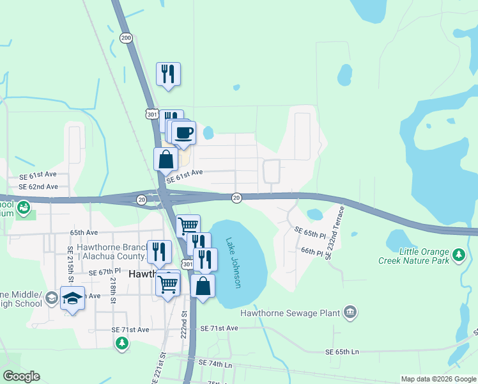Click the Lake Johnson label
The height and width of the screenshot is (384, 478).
tap(233, 263)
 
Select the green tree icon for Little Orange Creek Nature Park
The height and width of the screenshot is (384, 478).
tap(458, 255)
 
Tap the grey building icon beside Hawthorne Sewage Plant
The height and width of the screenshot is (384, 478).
tap(350, 312)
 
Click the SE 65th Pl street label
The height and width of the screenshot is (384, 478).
tap(310, 230)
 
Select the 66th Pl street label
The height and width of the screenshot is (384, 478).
tap(312, 252)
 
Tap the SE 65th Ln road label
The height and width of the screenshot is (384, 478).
tap(342, 352)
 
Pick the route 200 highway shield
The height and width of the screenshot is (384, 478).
tap(125, 38)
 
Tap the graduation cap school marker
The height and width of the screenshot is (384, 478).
tap(72, 298)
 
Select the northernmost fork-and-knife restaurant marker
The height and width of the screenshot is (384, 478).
tap(168, 74)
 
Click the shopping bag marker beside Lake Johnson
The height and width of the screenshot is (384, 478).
tap(203, 286)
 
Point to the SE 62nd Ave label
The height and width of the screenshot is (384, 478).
tap(38, 187)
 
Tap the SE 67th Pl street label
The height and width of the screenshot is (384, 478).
tap(105, 273)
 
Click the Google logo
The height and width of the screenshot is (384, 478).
tap(21, 376)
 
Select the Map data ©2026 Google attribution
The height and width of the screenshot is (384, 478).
tap(438, 379)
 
